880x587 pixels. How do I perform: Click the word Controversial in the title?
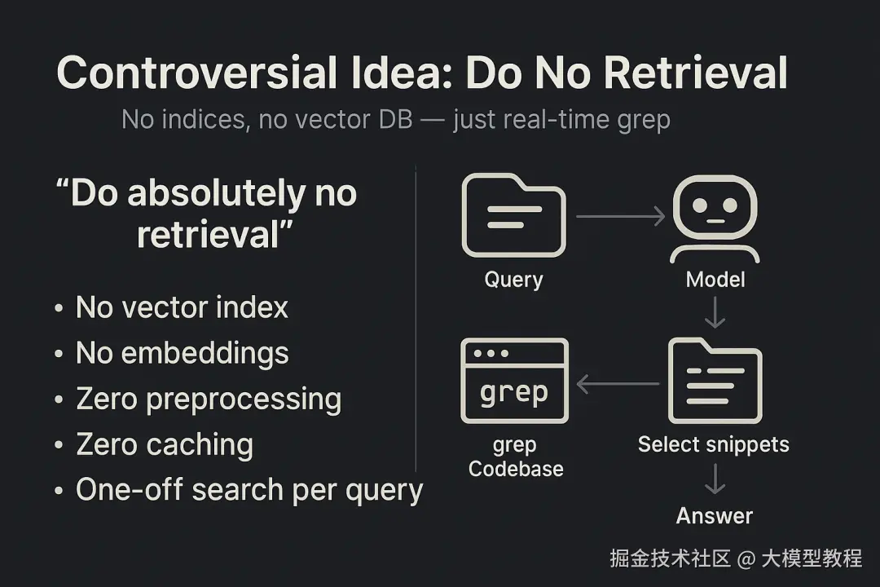click(x=197, y=73)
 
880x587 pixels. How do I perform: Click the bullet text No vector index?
click(x=182, y=307)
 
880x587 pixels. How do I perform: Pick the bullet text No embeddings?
click(x=183, y=354)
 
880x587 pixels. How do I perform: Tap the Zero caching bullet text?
click(x=165, y=445)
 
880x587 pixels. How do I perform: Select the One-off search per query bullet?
click(x=250, y=490)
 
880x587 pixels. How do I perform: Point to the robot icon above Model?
click(x=715, y=219)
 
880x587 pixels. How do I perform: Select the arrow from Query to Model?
click(x=621, y=216)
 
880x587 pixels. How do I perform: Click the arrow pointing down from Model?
click(x=715, y=312)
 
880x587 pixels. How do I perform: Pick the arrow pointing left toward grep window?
click(x=618, y=384)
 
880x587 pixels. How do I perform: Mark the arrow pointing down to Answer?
click(x=715, y=479)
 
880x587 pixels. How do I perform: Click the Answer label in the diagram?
click(x=715, y=515)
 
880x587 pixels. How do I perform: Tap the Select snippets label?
click(x=714, y=445)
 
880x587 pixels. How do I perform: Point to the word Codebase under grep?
click(x=516, y=469)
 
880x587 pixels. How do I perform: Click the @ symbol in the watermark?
click(x=746, y=559)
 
